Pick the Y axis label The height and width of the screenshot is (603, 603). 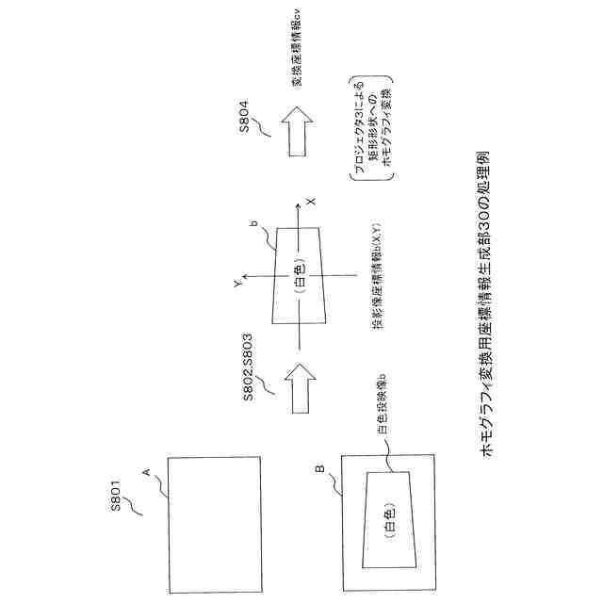click(240, 281)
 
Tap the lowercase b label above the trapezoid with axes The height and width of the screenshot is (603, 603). click(253, 224)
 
